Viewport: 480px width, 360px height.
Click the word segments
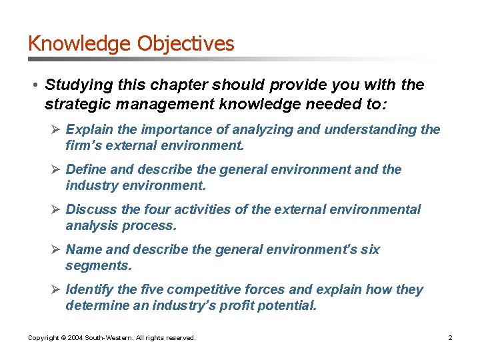point(99,265)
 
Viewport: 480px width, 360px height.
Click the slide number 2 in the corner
point(450,338)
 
